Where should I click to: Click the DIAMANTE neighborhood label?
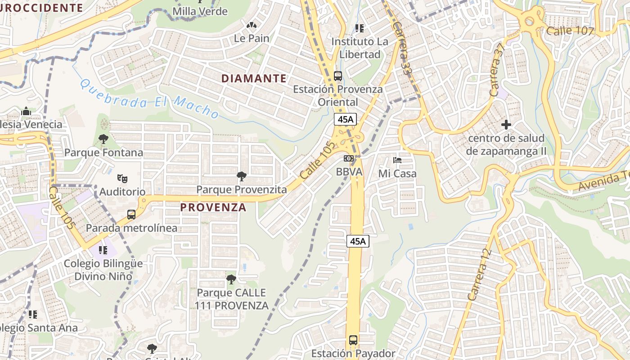pyautogui.click(x=254, y=79)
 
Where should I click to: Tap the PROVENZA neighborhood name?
pyautogui.click(x=213, y=207)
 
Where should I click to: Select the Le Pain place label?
pyautogui.click(x=252, y=38)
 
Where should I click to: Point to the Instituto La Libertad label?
pyautogui.click(x=359, y=48)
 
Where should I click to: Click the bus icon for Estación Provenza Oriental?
pyautogui.click(x=338, y=76)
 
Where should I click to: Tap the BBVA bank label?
pyautogui.click(x=349, y=172)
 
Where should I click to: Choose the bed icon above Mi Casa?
pyautogui.click(x=397, y=160)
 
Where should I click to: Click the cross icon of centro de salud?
pyautogui.click(x=506, y=124)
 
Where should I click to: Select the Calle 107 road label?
pyautogui.click(x=570, y=31)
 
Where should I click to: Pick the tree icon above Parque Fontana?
pyautogui.click(x=103, y=139)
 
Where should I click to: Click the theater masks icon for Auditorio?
pyautogui.click(x=122, y=178)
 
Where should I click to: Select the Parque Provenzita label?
pyautogui.click(x=241, y=190)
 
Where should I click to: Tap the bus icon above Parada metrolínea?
pyautogui.click(x=131, y=215)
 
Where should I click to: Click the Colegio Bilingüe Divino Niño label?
pyautogui.click(x=103, y=270)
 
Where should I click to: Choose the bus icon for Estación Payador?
pyautogui.click(x=353, y=340)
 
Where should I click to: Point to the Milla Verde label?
pyautogui.click(x=200, y=11)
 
